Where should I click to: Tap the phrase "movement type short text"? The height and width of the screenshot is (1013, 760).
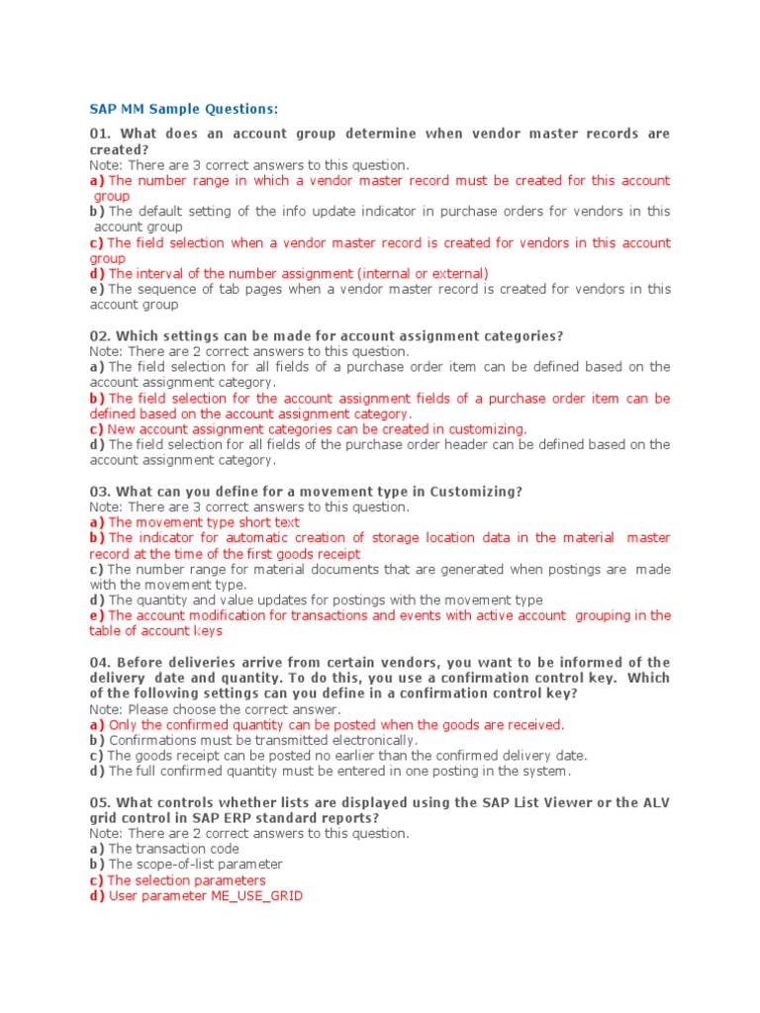(218, 522)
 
